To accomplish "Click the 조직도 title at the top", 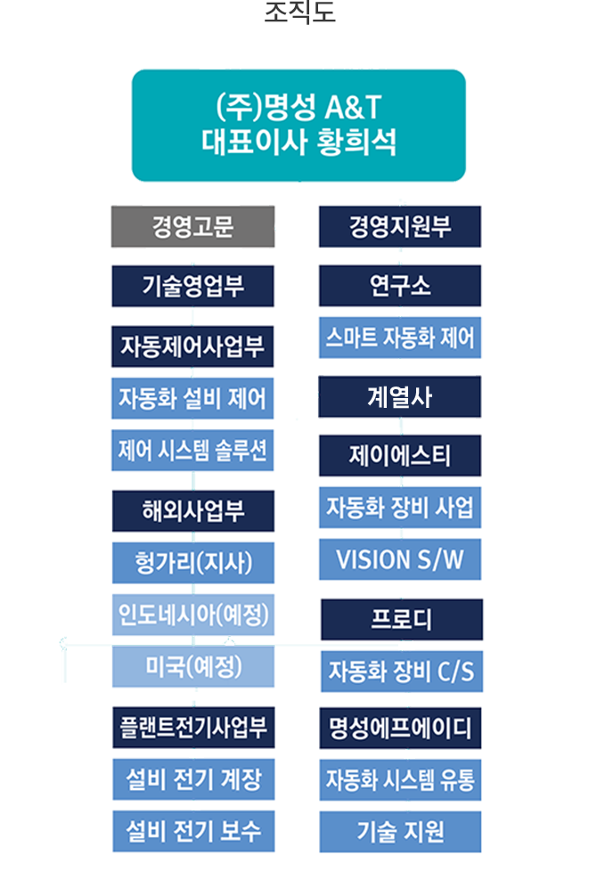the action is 299,12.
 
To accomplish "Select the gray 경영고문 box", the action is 192,226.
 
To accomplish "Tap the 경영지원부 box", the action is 400,226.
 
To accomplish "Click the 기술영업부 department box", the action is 192,286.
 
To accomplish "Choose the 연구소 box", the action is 400,286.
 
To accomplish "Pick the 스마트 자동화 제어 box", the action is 400,338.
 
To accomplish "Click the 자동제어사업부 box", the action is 192,346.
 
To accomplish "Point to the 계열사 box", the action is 400,396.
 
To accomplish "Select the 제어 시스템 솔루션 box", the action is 192,450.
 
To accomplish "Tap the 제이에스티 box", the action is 400,455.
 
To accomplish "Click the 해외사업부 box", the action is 192,511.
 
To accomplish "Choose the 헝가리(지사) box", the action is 192,563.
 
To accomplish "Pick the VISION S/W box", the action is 400,559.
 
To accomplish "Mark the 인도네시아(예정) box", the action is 192,615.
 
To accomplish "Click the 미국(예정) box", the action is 192,666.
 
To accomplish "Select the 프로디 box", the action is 401,619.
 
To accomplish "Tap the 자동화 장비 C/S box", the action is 401,672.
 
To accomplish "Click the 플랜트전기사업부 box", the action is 193,728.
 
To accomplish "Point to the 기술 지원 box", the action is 400,832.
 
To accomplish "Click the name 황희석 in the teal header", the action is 356,142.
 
